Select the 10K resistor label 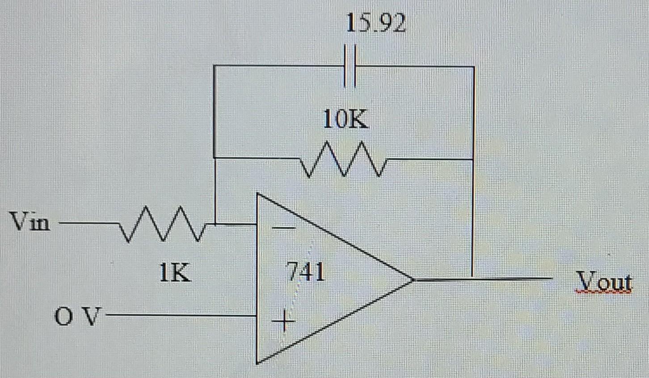point(346,119)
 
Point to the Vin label point(30,222)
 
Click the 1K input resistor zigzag point(162,224)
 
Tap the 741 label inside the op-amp point(307,271)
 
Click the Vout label point(604,281)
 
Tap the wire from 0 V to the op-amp point(179,315)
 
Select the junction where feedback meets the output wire point(472,279)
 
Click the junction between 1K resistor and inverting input point(215,224)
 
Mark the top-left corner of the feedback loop point(215,66)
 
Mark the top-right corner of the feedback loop point(474,67)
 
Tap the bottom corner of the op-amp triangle point(257,362)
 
